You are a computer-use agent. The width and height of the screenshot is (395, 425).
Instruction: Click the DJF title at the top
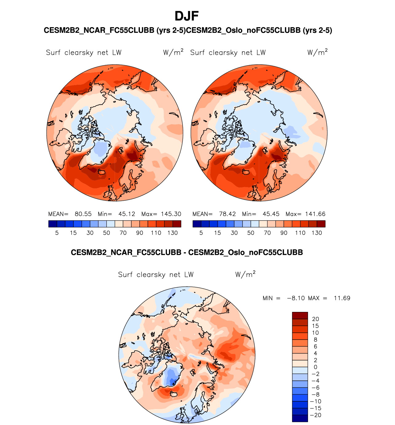[187, 16]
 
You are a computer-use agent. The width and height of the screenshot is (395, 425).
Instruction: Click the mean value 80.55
[83, 214]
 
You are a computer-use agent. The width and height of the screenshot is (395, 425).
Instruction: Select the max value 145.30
[171, 214]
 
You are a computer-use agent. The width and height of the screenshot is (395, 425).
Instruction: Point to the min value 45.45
[271, 214]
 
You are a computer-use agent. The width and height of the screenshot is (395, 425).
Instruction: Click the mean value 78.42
[227, 214]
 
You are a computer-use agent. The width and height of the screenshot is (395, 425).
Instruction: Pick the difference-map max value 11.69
[342, 298]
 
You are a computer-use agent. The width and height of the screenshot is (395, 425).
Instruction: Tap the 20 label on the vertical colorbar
[315, 319]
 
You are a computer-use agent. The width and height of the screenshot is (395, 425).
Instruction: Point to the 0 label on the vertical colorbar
[315, 367]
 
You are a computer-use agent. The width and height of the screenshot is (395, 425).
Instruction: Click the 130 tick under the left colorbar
[172, 233]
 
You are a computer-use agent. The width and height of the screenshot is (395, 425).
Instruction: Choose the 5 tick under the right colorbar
[201, 233]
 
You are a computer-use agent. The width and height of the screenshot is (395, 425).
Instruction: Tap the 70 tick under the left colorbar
[123, 233]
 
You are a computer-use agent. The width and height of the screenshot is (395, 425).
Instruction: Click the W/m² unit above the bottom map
[245, 274]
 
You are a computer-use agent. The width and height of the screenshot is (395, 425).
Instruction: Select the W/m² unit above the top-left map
[173, 52]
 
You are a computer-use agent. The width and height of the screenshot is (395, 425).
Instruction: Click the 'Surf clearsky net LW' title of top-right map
[228, 53]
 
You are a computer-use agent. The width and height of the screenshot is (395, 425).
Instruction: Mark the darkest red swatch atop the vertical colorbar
[300, 316]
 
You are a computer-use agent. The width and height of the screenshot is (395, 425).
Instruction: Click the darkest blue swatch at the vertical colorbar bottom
[300, 419]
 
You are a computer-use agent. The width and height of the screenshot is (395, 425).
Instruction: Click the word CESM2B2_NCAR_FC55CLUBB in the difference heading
[126, 253]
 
